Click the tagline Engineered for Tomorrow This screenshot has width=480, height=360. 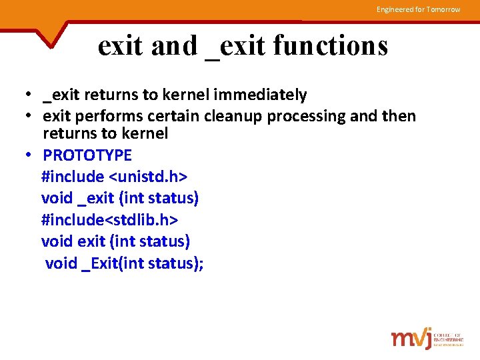point(418,9)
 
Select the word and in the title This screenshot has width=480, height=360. point(175,45)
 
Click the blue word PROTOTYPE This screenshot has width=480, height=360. point(87,155)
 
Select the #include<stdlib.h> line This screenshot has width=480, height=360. point(109,219)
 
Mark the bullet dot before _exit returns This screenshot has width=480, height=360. point(30,95)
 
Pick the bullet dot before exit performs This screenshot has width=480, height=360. point(30,117)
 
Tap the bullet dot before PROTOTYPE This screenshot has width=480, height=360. point(30,155)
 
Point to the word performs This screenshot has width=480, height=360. point(125,117)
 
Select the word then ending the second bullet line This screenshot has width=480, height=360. point(398,117)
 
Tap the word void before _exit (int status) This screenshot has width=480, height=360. point(58,198)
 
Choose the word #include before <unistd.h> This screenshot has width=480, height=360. point(73,177)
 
